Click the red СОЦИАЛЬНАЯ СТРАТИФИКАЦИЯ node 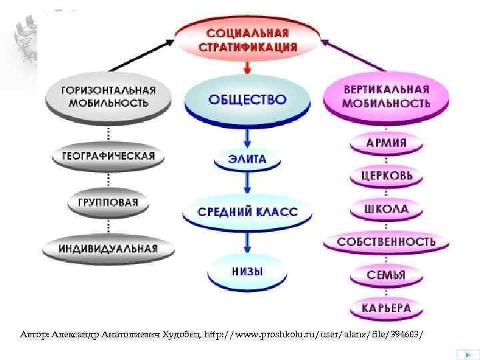pyautogui.click(x=248, y=39)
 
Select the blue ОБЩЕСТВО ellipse pyautogui.click(x=247, y=99)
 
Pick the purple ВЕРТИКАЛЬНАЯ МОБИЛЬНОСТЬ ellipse pyautogui.click(x=386, y=97)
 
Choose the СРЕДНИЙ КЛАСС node pyautogui.click(x=247, y=212)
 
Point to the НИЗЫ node pyautogui.click(x=247, y=271)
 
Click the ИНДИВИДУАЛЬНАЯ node pyautogui.click(x=109, y=248)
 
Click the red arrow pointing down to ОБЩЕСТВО pyautogui.click(x=248, y=67)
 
